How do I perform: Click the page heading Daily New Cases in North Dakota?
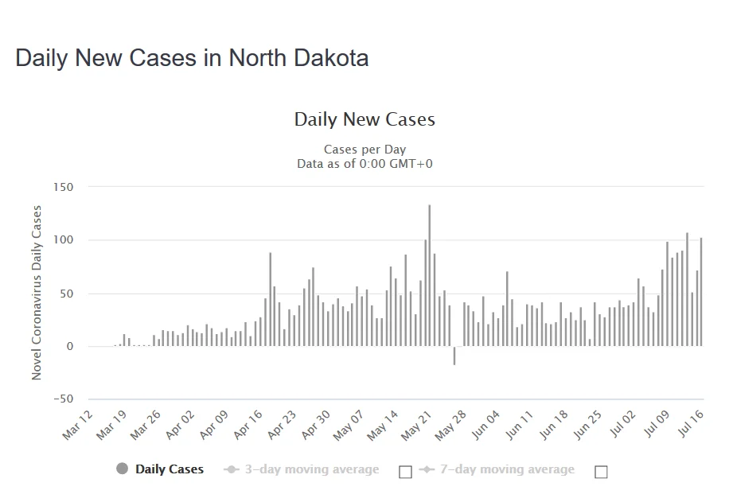click(192, 58)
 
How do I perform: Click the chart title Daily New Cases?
click(364, 119)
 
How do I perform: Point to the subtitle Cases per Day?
click(364, 150)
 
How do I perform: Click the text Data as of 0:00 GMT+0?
click(364, 164)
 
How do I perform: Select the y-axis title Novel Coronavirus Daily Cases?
click(37, 292)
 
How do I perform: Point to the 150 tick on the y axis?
click(64, 188)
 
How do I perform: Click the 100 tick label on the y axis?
click(64, 240)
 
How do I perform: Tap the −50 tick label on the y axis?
click(62, 399)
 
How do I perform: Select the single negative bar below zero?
click(454, 356)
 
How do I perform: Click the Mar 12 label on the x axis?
click(78, 425)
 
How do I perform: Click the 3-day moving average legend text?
click(312, 469)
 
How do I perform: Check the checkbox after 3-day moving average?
click(405, 472)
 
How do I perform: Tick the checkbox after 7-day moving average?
click(601, 472)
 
